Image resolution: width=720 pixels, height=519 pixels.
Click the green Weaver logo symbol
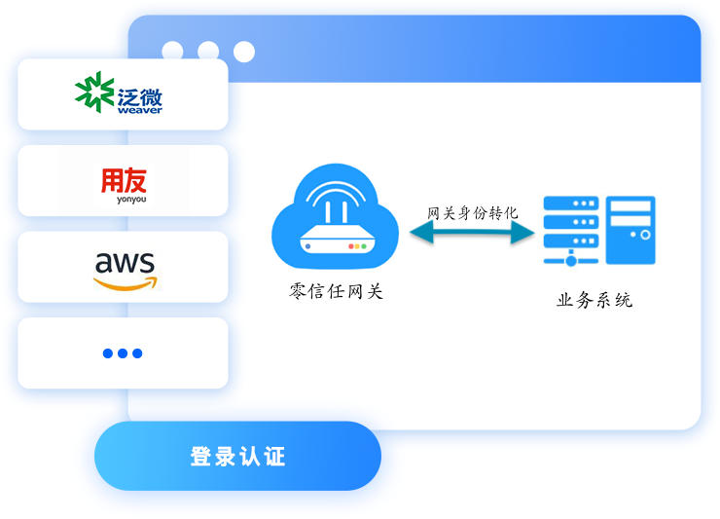pyautogui.click(x=94, y=94)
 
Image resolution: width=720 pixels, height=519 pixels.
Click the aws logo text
pyautogui.click(x=125, y=262)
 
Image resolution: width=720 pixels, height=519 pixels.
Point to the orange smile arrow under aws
pyautogui.click(x=125, y=281)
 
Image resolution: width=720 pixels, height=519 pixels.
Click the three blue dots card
pyautogui.click(x=123, y=352)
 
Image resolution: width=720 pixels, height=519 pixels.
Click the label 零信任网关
pyautogui.click(x=337, y=289)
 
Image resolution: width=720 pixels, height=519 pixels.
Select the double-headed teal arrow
pyautogui.click(x=473, y=233)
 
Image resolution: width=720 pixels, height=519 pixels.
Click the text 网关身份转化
pyautogui.click(x=473, y=212)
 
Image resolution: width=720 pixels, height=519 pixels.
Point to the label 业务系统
pyautogui.click(x=594, y=300)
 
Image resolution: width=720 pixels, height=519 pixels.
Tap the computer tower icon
pyautogui.click(x=630, y=229)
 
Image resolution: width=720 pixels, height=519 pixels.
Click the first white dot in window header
pyautogui.click(x=172, y=51)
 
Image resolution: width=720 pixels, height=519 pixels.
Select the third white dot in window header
pyautogui.click(x=243, y=51)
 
